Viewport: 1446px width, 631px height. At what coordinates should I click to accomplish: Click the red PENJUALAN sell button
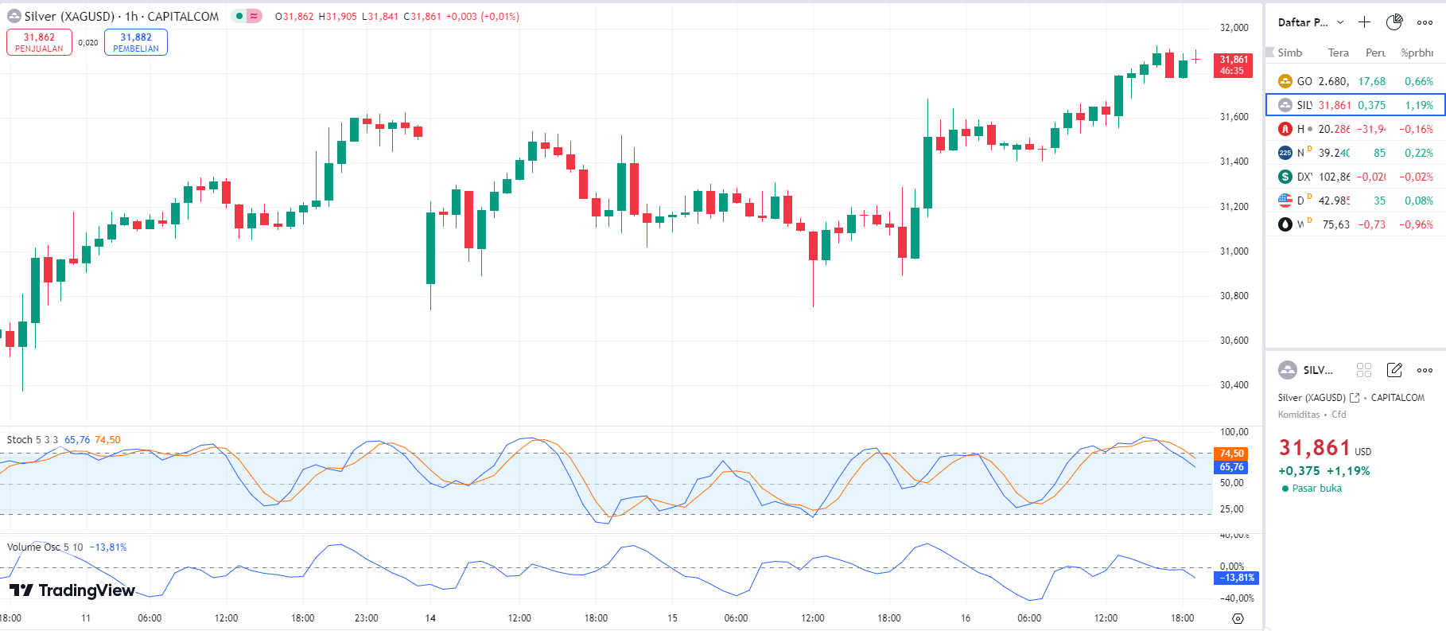point(39,42)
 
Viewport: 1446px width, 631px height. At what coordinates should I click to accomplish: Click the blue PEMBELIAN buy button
point(136,42)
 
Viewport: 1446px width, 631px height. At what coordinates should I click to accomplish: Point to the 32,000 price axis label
point(1234,28)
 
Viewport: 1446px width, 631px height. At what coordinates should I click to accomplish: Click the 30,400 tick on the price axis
point(1234,385)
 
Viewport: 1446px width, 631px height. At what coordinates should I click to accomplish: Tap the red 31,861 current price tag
point(1233,65)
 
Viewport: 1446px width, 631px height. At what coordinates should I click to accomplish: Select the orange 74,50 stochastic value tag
point(1231,454)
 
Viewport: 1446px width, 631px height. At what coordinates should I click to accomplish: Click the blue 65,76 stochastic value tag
point(1231,467)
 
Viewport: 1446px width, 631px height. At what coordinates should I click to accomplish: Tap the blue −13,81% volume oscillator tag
point(1237,578)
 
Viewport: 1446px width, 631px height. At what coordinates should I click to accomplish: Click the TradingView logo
point(72,590)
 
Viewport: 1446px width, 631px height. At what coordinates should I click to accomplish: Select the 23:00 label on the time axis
point(366,618)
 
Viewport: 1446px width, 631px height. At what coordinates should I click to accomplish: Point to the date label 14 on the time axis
point(430,618)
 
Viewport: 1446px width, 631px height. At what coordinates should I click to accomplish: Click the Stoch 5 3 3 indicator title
point(33,440)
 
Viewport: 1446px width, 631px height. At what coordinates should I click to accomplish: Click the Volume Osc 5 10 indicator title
point(45,547)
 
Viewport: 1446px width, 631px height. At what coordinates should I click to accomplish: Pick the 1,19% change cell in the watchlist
point(1418,105)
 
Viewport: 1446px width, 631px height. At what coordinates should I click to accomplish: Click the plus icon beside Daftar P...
point(1364,22)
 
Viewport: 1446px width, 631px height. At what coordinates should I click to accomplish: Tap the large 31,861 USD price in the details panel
point(1315,448)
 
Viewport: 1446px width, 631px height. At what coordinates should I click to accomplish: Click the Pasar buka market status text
point(1316,489)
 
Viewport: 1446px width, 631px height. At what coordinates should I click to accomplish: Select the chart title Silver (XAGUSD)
point(69,17)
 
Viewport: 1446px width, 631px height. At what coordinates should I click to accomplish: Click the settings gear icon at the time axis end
point(1238,618)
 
